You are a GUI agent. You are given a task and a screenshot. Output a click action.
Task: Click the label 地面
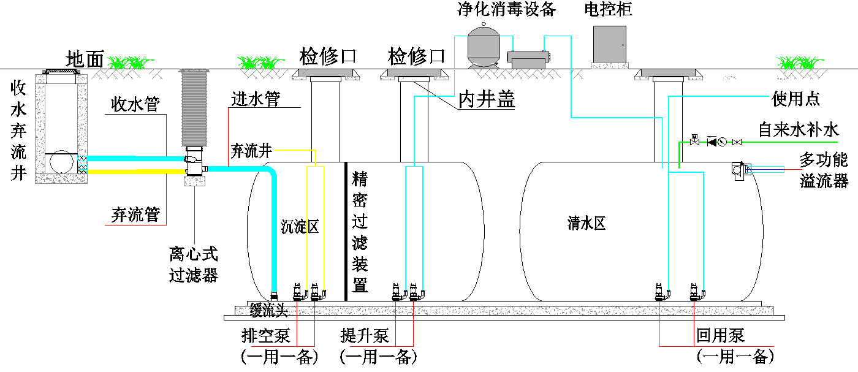(85, 59)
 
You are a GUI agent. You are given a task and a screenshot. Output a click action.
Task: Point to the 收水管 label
(135, 105)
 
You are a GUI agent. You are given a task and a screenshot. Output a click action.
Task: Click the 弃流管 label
(135, 214)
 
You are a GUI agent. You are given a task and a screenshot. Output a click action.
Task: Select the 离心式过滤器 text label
(194, 264)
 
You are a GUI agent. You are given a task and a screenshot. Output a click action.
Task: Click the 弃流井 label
(251, 150)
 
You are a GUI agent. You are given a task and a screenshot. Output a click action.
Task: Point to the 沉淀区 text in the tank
(300, 227)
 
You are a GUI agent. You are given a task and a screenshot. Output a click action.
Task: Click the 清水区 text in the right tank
(587, 224)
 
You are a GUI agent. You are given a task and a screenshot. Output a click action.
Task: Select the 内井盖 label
(487, 100)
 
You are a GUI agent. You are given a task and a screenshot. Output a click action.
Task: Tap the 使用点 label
(795, 99)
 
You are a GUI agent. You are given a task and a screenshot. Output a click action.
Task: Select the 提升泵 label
(365, 336)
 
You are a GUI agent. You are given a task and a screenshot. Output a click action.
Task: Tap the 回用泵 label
(721, 336)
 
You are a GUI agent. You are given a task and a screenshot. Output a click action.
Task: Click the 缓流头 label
(268, 311)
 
